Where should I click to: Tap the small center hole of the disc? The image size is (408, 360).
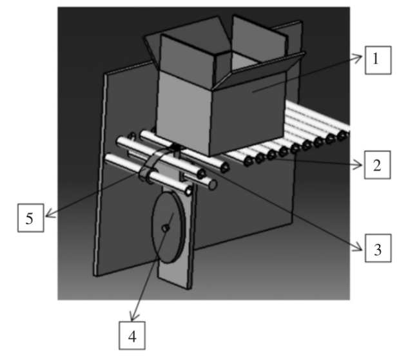point(165,228)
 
